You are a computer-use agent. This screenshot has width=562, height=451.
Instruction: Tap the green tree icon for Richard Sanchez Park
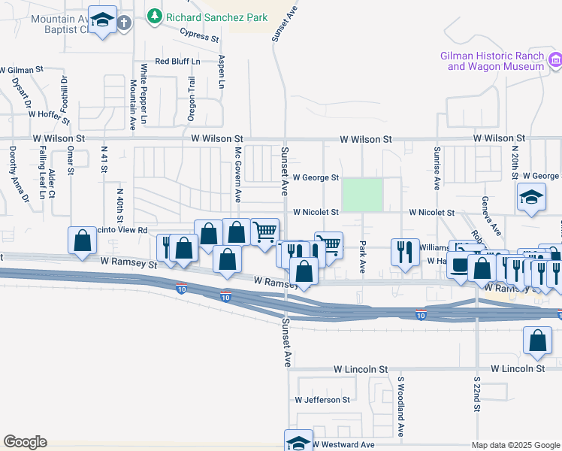[x=154, y=15]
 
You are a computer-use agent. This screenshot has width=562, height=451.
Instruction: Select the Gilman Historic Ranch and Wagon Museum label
[x=491, y=61]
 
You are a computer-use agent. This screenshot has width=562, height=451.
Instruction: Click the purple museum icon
[x=555, y=59]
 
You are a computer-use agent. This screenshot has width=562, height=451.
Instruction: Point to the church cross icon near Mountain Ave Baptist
[x=124, y=23]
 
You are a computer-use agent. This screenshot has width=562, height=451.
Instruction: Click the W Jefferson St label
[x=322, y=400]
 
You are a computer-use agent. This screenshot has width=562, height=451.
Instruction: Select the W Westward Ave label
[x=343, y=445]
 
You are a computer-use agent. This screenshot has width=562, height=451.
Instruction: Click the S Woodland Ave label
[x=401, y=407]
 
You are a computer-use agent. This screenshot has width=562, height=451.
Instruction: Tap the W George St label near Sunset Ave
[x=316, y=178]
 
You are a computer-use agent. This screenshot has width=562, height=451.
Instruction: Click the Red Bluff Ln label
[x=177, y=61]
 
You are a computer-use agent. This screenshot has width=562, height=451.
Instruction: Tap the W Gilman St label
[x=22, y=69]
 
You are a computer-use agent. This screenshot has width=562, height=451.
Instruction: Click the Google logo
[x=25, y=442]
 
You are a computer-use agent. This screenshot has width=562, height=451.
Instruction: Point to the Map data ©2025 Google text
[x=515, y=445]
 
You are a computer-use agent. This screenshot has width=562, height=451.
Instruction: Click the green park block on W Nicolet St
[x=362, y=195]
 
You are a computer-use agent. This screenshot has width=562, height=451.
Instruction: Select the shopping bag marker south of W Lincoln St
[x=538, y=341]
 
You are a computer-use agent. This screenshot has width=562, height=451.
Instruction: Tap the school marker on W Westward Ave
[x=298, y=441]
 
